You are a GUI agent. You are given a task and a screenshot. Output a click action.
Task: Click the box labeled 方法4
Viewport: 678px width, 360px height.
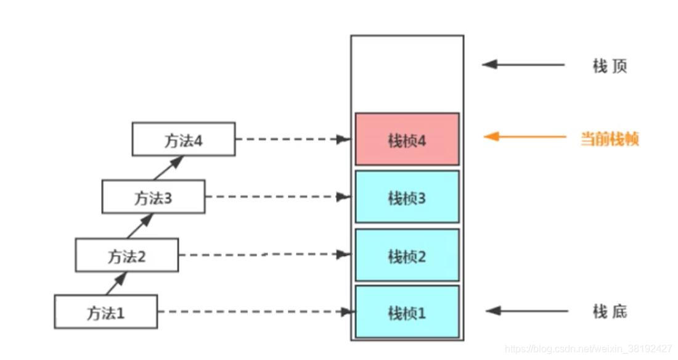point(183,139)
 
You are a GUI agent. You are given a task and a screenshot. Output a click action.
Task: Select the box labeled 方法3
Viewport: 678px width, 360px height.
point(153,197)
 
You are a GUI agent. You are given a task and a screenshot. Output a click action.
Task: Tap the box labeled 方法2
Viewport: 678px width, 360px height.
point(127,255)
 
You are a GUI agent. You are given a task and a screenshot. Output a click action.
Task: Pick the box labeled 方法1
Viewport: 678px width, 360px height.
point(105,312)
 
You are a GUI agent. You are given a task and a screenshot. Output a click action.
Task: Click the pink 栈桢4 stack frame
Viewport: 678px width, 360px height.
point(407,139)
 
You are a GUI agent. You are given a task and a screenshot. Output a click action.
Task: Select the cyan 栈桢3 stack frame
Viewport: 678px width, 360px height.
point(407,197)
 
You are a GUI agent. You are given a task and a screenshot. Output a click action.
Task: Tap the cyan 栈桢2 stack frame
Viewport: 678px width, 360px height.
point(407,255)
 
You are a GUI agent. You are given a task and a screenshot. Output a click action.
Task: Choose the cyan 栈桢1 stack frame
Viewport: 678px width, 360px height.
point(407,312)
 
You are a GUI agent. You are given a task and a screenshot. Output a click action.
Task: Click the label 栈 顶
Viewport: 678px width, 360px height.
point(610,65)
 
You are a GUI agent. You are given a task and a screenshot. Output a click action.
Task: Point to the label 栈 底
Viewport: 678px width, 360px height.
point(610,311)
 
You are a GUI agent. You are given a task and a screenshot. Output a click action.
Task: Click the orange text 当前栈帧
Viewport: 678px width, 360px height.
point(610,138)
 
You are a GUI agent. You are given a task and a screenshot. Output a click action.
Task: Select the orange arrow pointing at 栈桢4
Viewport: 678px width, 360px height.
point(524,137)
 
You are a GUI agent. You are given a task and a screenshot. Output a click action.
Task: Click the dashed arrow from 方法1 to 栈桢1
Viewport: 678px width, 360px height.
point(256,312)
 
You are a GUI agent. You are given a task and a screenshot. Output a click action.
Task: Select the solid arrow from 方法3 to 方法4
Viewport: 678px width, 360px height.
point(168,167)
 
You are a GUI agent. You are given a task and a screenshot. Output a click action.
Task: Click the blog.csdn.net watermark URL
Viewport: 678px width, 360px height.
point(588,349)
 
